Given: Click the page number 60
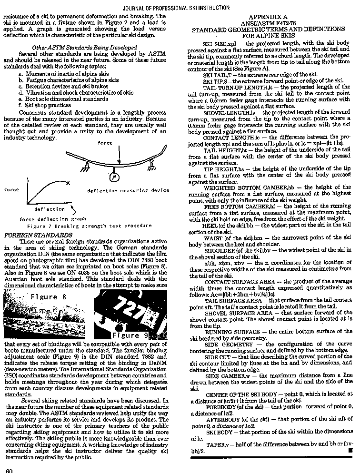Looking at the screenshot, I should point(9,470).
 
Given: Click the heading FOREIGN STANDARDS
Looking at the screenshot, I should point(38,235).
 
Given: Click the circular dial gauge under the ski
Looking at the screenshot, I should point(114,177).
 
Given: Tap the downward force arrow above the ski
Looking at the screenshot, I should point(119,155).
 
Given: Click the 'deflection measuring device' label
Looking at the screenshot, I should point(128,191).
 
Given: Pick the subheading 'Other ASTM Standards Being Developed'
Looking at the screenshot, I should point(84,47).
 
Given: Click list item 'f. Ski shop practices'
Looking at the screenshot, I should point(45,105).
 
